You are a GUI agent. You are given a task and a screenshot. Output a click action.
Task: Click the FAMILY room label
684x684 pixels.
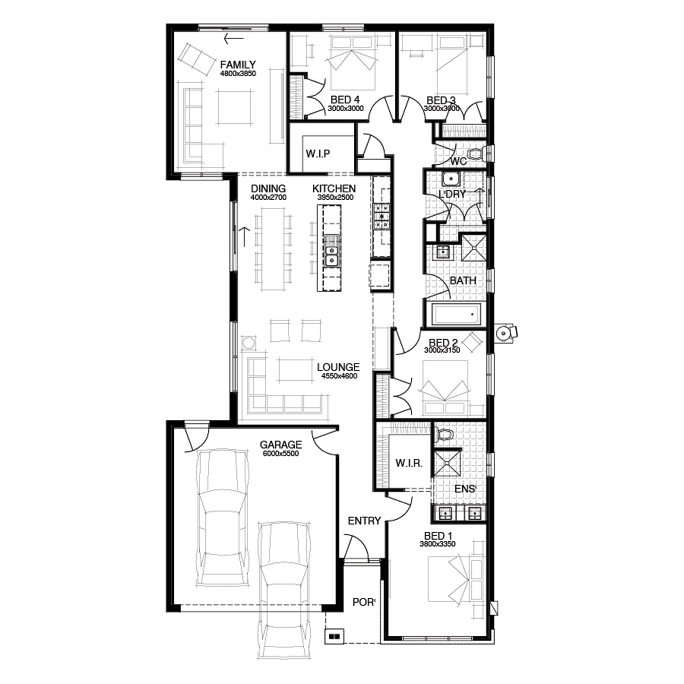click(x=238, y=65)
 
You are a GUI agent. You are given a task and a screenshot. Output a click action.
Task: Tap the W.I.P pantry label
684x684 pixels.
click(x=318, y=154)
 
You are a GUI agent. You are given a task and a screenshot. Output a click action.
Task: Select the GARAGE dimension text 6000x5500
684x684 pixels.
click(x=281, y=453)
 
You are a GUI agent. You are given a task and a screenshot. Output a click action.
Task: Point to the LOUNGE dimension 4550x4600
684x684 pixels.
click(x=339, y=376)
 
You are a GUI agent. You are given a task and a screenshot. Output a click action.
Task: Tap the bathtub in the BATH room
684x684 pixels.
click(x=456, y=314)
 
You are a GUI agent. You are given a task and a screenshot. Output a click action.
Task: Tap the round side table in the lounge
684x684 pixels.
click(x=249, y=342)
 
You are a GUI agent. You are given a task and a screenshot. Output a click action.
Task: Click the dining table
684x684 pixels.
click(x=272, y=249)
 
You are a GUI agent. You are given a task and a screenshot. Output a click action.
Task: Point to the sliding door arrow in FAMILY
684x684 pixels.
click(x=233, y=39)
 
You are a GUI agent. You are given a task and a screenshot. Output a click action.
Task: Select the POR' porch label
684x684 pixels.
click(x=364, y=602)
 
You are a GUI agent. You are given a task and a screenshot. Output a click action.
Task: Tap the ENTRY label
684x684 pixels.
click(x=364, y=520)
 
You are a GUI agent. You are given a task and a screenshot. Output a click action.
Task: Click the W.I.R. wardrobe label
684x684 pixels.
click(x=409, y=463)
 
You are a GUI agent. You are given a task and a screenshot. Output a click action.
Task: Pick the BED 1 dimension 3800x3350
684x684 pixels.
click(x=437, y=544)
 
